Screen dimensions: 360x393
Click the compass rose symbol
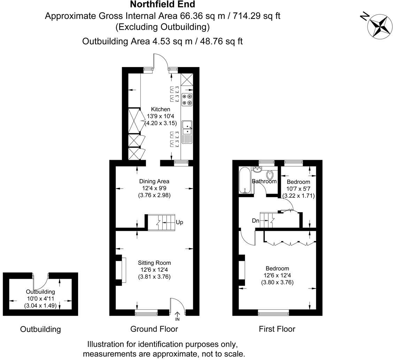pyautogui.click(x=379, y=26)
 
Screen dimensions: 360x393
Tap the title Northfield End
pyautogui.click(x=162, y=4)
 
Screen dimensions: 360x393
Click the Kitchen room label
pyautogui.click(x=161, y=110)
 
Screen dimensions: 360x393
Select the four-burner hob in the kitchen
pyautogui.click(x=187, y=99)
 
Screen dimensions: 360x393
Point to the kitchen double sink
pyautogui.click(x=187, y=128)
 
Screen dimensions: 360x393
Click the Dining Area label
pyautogui.click(x=154, y=181)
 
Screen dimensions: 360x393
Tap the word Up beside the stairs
pyautogui.click(x=179, y=222)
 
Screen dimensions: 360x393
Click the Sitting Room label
pyautogui.click(x=154, y=263)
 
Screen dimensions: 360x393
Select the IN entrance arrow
pyautogui.click(x=177, y=316)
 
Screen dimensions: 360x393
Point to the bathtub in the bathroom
pyautogui.click(x=244, y=180)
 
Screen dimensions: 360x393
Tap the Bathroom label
pyautogui.click(x=264, y=181)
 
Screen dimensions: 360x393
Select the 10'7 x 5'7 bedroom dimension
pyautogui.click(x=298, y=189)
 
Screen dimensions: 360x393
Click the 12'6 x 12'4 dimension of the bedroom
pyautogui.click(x=277, y=276)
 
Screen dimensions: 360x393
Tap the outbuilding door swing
pyautogui.click(x=40, y=282)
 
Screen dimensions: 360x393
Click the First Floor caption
pyautogui.click(x=277, y=329)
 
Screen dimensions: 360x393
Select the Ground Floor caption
pyautogui.click(x=154, y=329)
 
